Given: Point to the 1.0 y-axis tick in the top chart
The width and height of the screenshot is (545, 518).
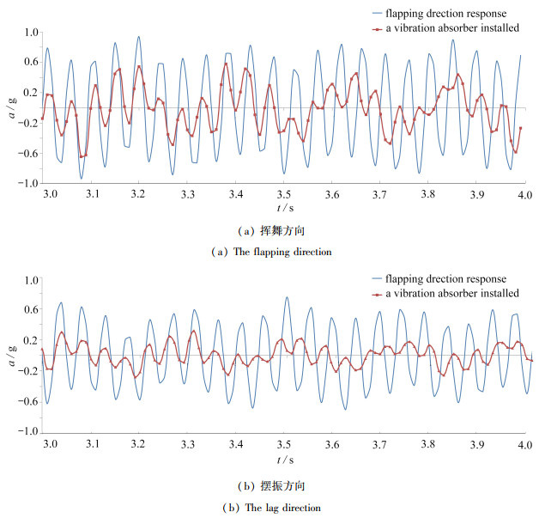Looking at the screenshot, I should point(32,32).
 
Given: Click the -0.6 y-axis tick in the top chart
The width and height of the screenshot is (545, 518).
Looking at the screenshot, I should point(30,154).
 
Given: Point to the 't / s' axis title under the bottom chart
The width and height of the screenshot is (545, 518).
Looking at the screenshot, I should point(283,461).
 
